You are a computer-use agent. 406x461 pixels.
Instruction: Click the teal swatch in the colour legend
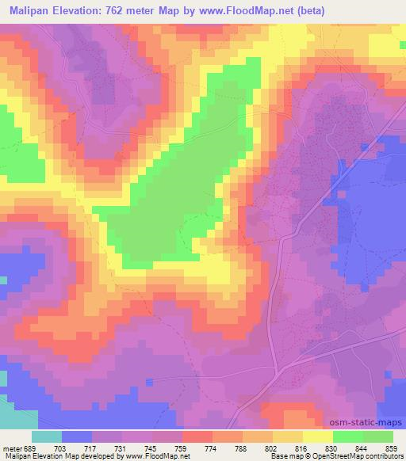[x=47, y=436]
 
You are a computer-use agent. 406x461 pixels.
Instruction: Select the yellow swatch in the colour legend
[x=318, y=436]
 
